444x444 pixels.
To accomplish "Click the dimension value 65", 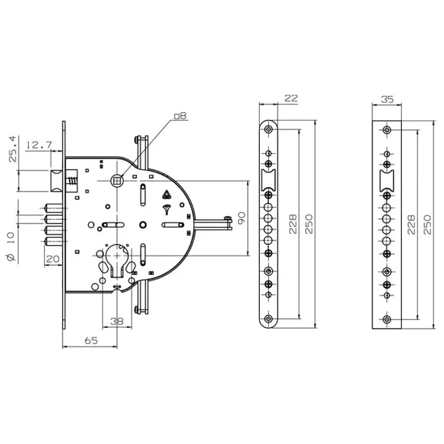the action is pyautogui.click(x=91, y=340).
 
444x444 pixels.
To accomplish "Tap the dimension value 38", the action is pyautogui.click(x=117, y=321).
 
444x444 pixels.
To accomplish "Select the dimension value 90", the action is pyautogui.click(x=241, y=218).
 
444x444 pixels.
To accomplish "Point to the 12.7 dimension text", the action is pyautogui.click(x=39, y=145).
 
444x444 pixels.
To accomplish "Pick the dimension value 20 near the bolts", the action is pyautogui.click(x=53, y=259).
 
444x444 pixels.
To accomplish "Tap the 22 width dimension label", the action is pyautogui.click(x=291, y=98).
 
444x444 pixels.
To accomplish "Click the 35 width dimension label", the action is pyautogui.click(x=387, y=99).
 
